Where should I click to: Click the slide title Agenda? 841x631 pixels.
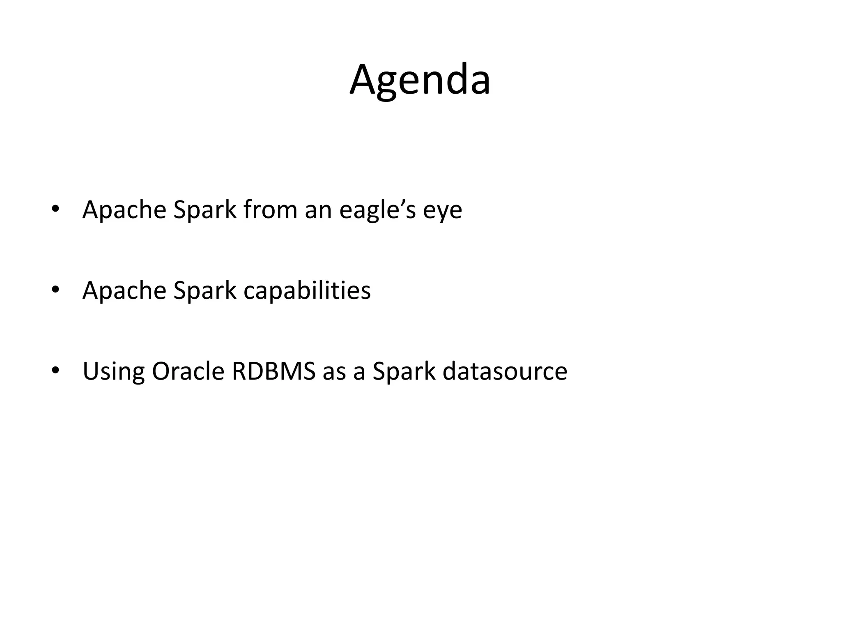pos(420,80)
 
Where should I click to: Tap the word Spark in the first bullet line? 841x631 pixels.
pos(205,210)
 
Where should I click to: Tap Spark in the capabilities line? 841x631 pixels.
pos(205,290)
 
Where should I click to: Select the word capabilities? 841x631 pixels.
pos(307,290)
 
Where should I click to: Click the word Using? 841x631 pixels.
pos(114,371)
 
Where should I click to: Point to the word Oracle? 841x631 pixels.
pos(188,371)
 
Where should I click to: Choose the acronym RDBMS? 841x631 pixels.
pos(273,371)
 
